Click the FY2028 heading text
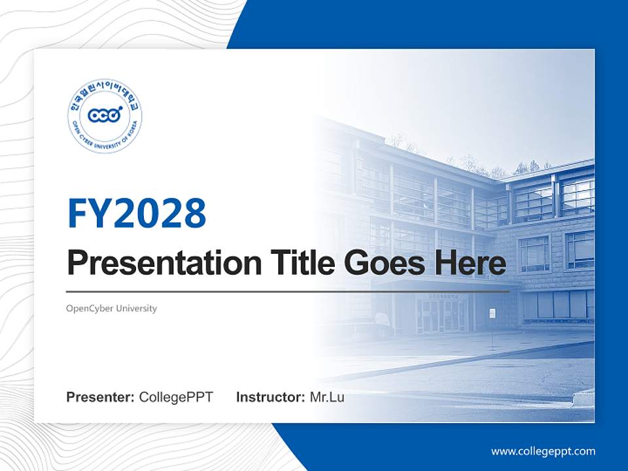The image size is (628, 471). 137,213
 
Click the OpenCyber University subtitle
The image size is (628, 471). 112,308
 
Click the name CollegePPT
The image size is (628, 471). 176,397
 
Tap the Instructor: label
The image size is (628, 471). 270,397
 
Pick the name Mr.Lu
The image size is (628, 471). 327,397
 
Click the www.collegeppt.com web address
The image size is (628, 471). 543,451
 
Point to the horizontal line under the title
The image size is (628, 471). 288,291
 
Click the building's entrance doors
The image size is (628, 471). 438,315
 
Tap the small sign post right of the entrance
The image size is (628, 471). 492,321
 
